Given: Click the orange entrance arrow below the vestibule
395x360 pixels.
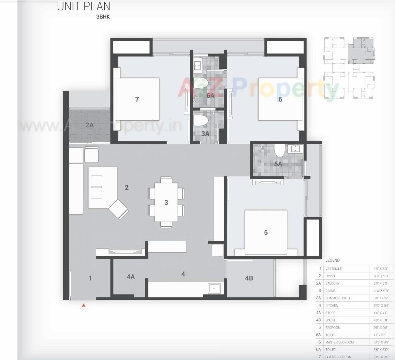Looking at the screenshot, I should tap(84, 305).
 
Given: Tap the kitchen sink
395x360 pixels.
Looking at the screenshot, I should tap(214, 288).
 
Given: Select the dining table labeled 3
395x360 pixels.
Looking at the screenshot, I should tap(166, 202).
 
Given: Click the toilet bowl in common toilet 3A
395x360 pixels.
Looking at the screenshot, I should tap(201, 120).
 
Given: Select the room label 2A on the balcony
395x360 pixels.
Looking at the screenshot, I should tap(89, 125).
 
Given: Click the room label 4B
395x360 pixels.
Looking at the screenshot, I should tap(249, 278).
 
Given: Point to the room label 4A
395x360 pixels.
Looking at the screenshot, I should tap(131, 277).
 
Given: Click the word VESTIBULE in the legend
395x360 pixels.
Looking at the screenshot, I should tap(333, 269).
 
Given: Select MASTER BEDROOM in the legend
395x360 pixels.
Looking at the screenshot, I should tap(339, 342).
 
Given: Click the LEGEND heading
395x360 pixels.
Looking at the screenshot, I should tap(332, 260).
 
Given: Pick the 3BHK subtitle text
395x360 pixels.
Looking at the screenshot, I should tap(103, 17).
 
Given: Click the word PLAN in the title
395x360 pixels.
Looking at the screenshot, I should tap(97, 6).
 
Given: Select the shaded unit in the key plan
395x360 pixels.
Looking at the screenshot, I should tap(361, 50).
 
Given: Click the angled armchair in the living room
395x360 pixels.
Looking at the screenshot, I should tap(119, 209).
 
